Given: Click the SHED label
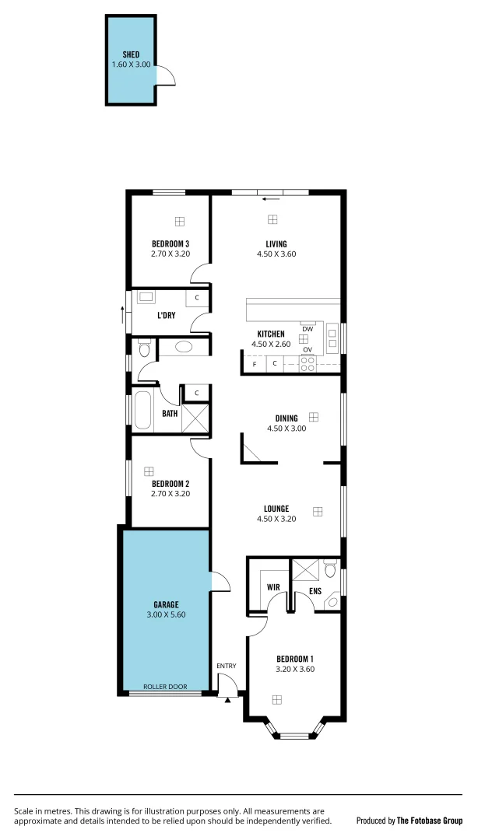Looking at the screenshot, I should pyautogui.click(x=130, y=54).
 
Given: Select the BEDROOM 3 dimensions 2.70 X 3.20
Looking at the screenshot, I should pyautogui.click(x=170, y=254).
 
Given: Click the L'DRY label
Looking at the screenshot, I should pyautogui.click(x=166, y=315).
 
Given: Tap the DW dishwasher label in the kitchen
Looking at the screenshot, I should pyautogui.click(x=308, y=329).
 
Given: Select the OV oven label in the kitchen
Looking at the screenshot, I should pyautogui.click(x=308, y=350).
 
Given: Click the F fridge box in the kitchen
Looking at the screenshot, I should pyautogui.click(x=254, y=364).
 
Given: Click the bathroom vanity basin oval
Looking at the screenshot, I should pyautogui.click(x=185, y=347).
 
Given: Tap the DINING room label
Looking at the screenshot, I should pyautogui.click(x=286, y=418).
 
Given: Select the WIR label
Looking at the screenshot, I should pyautogui.click(x=273, y=587).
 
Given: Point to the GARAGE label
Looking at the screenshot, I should pyautogui.click(x=166, y=604).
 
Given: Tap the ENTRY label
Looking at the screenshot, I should pyautogui.click(x=227, y=666).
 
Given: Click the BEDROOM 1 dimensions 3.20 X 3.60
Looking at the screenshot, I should pyautogui.click(x=295, y=668).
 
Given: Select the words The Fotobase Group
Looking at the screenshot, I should pyautogui.click(x=430, y=821).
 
